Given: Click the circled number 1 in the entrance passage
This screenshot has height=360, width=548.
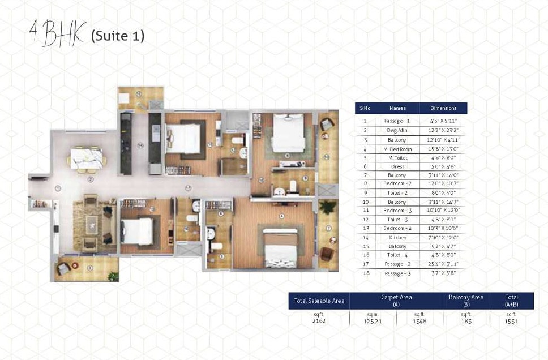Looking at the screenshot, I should point(58,188).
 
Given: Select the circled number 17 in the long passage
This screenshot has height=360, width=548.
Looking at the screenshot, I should point(188,188).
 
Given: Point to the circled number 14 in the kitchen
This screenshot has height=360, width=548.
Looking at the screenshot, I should point(139,145).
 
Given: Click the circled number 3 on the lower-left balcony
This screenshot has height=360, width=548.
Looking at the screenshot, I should point(90,268).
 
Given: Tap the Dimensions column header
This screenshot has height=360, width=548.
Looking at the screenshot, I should point(443,108).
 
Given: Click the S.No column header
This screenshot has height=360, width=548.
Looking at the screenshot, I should point(365,108).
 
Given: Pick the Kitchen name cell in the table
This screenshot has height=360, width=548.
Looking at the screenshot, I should point(397,238).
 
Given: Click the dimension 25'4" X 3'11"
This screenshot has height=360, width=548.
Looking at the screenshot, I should point(443,264).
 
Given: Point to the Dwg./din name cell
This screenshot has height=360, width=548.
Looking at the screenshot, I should point(397,130).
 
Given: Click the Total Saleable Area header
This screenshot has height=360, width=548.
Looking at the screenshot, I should point(319,301).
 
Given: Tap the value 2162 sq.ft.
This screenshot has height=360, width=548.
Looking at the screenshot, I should point(319,321).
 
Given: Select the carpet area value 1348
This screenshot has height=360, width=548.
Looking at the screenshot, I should point(419,321).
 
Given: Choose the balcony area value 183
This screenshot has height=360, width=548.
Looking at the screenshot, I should point(465,321).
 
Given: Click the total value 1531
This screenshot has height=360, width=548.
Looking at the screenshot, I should point(511,321).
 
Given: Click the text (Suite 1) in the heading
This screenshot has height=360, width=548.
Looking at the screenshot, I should point(118,36).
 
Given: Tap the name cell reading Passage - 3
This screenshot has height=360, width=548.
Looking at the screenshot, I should point(397,273).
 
